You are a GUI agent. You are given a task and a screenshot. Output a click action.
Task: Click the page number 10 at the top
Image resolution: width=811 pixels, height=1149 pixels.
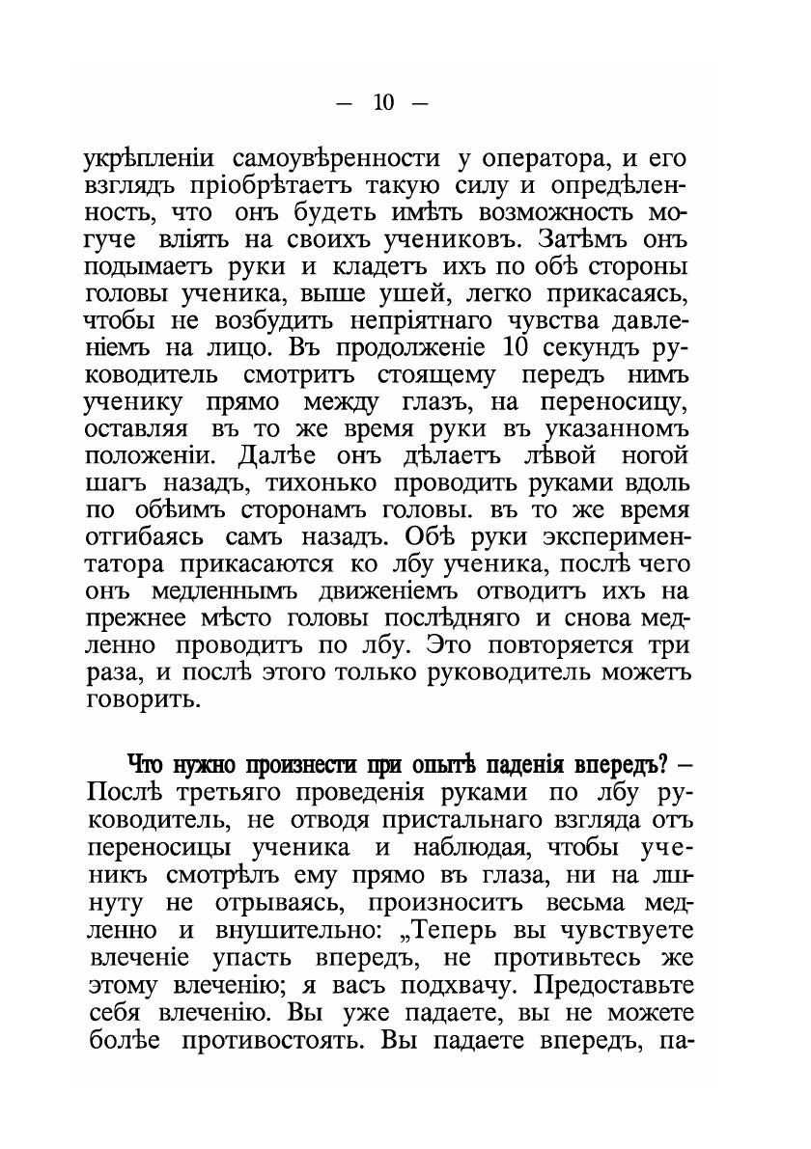point(383,104)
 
